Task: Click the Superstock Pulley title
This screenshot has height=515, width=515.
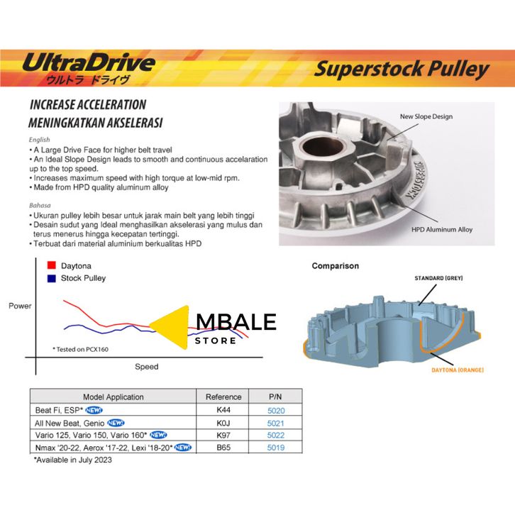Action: (402, 70)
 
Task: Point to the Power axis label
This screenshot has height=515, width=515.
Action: (20, 306)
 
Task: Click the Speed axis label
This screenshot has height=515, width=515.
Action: (147, 367)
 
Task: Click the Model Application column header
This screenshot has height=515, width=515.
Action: (113, 397)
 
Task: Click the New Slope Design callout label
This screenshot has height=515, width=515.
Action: (426, 116)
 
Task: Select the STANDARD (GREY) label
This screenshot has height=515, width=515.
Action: (438, 278)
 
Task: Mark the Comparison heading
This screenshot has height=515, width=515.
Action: (336, 266)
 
